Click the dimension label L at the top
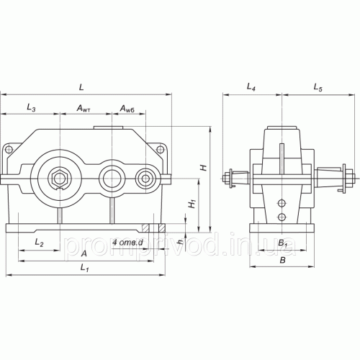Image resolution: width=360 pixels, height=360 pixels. click(81, 87)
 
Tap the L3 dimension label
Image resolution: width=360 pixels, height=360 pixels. click(31, 107)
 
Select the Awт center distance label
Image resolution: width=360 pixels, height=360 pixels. click(84, 109)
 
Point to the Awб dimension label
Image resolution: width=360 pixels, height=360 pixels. click(127, 109)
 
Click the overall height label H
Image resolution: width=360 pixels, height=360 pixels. click(204, 168)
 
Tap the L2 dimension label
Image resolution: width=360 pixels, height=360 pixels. click(39, 243)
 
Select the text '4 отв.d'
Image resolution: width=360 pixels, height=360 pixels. click(127, 243)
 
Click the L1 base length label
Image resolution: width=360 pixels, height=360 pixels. click(84, 267)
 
